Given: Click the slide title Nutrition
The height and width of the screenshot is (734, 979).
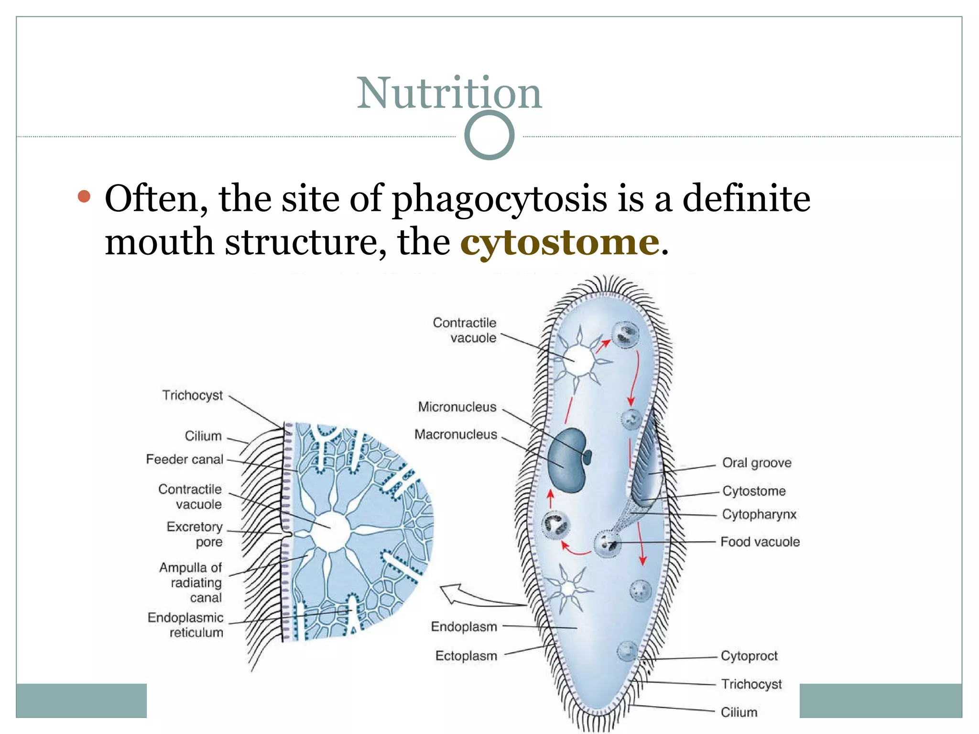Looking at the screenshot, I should (x=449, y=93).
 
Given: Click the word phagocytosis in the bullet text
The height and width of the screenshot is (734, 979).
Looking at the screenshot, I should (x=500, y=199).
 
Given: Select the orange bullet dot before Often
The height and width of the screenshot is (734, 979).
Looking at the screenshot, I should (x=84, y=196).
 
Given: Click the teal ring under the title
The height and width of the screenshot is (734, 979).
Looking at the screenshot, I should (x=489, y=135).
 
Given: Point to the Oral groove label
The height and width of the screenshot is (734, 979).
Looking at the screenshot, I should (x=756, y=463).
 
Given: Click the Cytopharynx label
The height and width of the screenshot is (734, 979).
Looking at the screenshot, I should (x=759, y=514).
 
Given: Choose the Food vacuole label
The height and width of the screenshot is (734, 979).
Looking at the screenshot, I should (x=760, y=541).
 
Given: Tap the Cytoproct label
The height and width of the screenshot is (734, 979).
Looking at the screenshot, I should (x=749, y=656).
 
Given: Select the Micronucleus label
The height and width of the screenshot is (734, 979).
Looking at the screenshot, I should (x=457, y=407).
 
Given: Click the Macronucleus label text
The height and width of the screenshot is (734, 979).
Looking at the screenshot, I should (x=456, y=434).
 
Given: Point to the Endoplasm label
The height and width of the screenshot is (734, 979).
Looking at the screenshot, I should (x=464, y=626).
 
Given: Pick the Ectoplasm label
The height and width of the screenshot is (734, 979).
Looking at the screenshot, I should (x=466, y=656).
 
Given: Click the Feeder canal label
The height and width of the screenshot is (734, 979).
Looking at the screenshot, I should (x=185, y=459).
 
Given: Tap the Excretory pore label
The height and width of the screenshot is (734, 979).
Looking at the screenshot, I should (x=195, y=534).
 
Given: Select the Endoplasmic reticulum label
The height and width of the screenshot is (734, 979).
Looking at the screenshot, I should (x=185, y=625).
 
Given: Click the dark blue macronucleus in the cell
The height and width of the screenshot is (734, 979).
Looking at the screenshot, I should (x=566, y=460).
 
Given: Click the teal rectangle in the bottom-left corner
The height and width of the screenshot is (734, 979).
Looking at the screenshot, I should (x=81, y=701).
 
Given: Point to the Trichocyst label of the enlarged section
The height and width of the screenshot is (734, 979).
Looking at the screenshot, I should (x=192, y=395).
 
